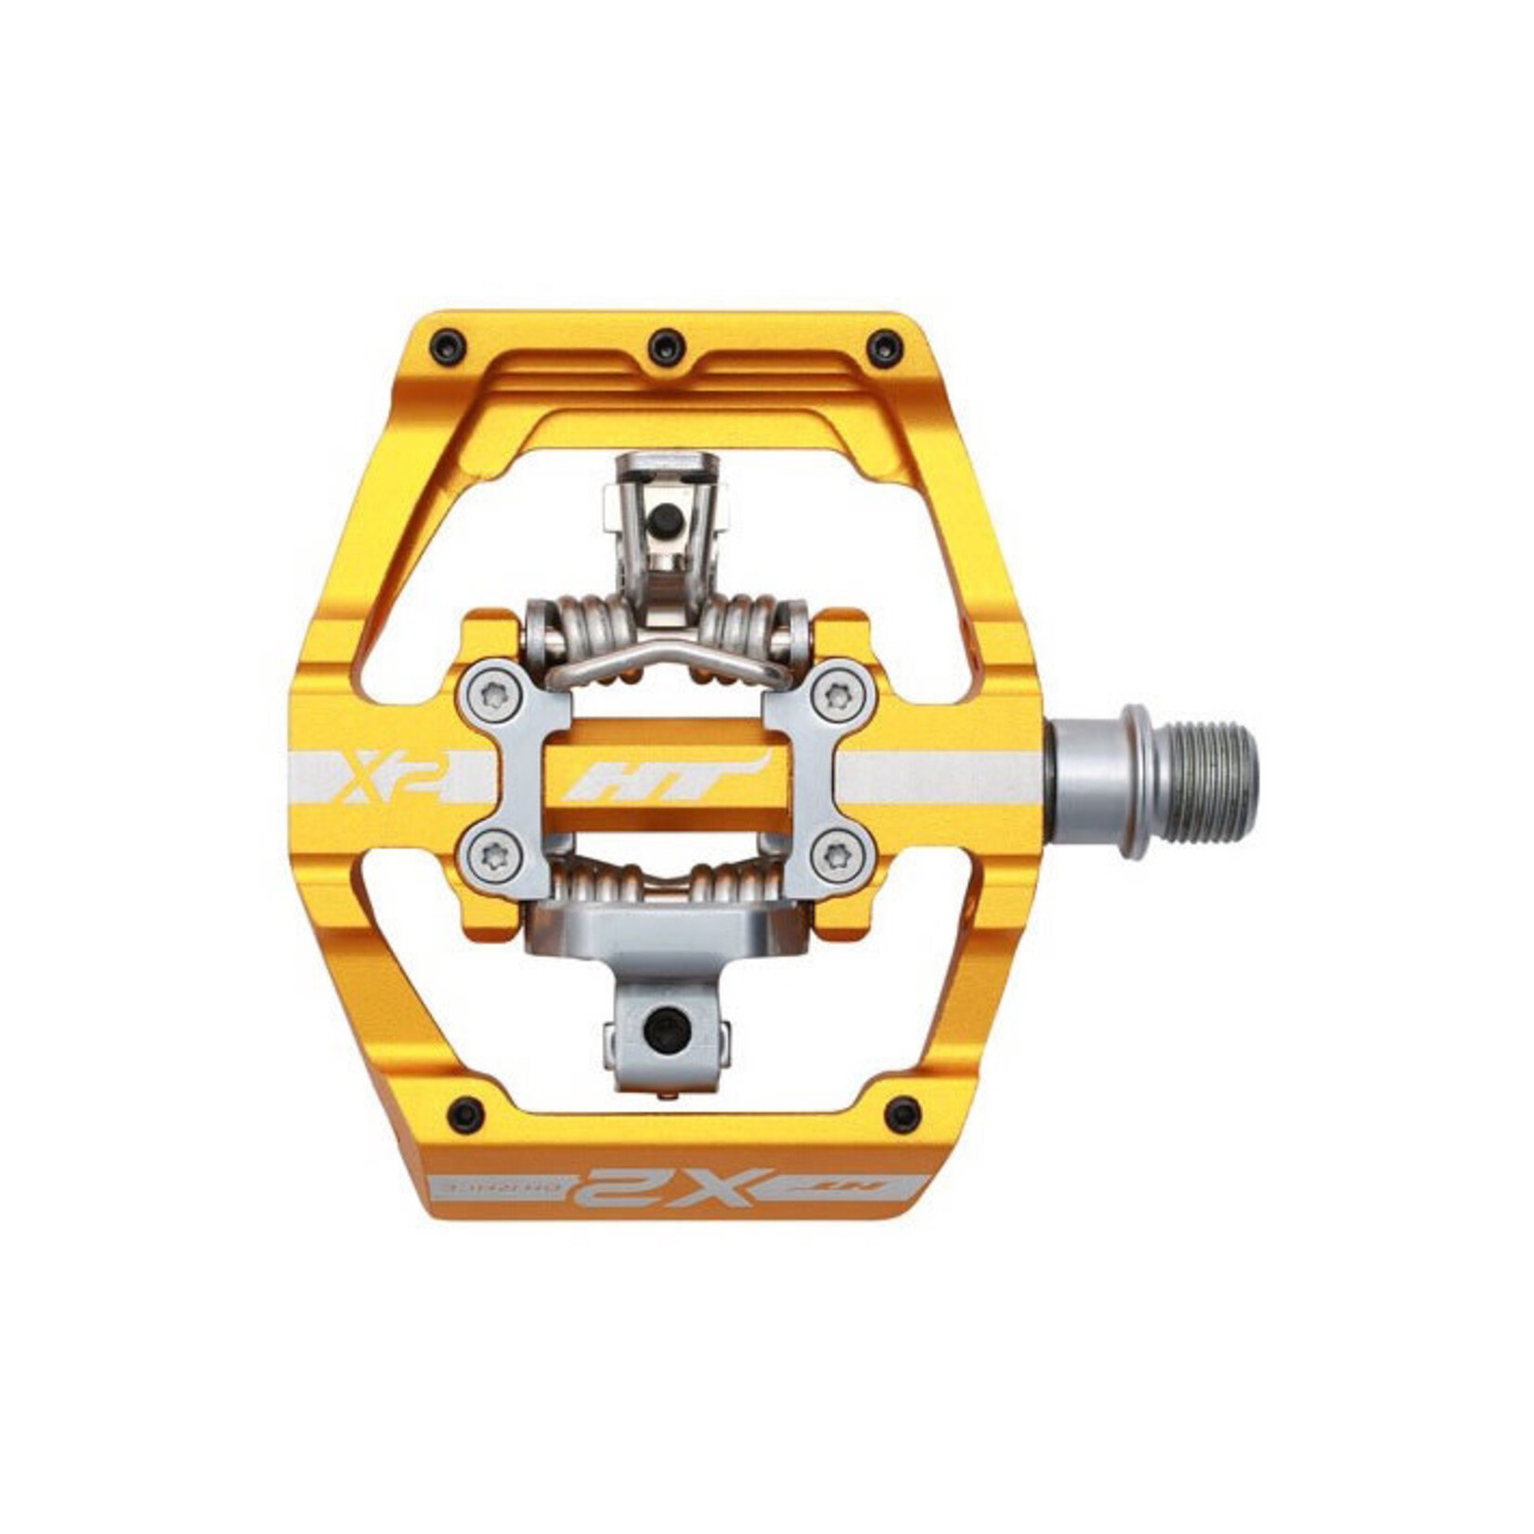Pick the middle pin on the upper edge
pos(667,347)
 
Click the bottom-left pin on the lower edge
pos(465,1112)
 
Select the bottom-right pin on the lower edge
pos(903,1114)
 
